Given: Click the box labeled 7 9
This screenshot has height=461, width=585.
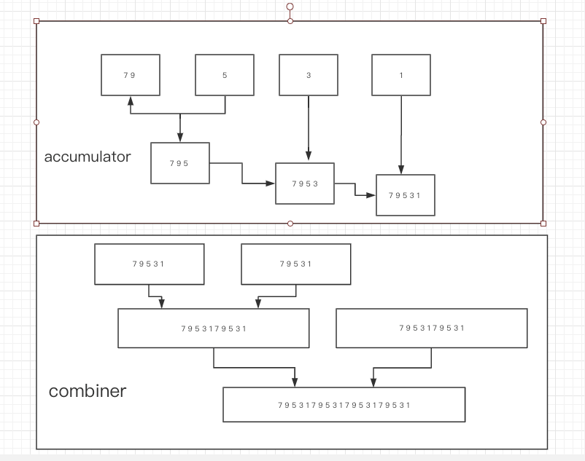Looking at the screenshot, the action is (131, 75).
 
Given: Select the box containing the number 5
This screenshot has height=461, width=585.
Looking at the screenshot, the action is (225, 75).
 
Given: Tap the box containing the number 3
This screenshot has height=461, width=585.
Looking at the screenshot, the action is (309, 75).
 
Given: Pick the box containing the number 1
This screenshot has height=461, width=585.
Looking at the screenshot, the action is (401, 75).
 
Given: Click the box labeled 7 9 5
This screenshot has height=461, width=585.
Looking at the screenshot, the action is (180, 163).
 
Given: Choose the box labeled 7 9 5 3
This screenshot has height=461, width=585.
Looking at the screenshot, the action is (305, 184).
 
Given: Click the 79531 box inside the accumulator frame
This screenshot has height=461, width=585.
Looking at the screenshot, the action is (406, 195).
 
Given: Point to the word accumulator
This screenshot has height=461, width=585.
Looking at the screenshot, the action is (88, 157).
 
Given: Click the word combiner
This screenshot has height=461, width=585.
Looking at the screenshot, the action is (88, 391).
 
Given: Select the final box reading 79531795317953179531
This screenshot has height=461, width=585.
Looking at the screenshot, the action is (344, 405).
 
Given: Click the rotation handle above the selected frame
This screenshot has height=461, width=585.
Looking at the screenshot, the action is (290, 7).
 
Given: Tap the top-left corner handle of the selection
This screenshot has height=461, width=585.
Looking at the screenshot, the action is (36, 21).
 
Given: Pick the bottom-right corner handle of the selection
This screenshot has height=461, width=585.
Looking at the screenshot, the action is (543, 224).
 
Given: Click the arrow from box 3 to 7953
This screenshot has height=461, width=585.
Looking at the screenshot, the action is (309, 128).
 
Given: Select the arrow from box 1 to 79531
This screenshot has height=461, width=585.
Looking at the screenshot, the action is (401, 135).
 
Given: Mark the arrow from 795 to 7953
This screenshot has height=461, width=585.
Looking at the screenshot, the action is (242, 173).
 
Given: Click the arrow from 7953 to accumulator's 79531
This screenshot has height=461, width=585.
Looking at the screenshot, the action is (355, 189).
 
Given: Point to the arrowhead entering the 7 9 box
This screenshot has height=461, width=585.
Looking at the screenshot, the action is (131, 101).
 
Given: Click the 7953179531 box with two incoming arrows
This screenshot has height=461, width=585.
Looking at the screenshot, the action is (214, 328).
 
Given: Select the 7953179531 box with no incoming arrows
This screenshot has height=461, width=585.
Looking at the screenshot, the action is (432, 328).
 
